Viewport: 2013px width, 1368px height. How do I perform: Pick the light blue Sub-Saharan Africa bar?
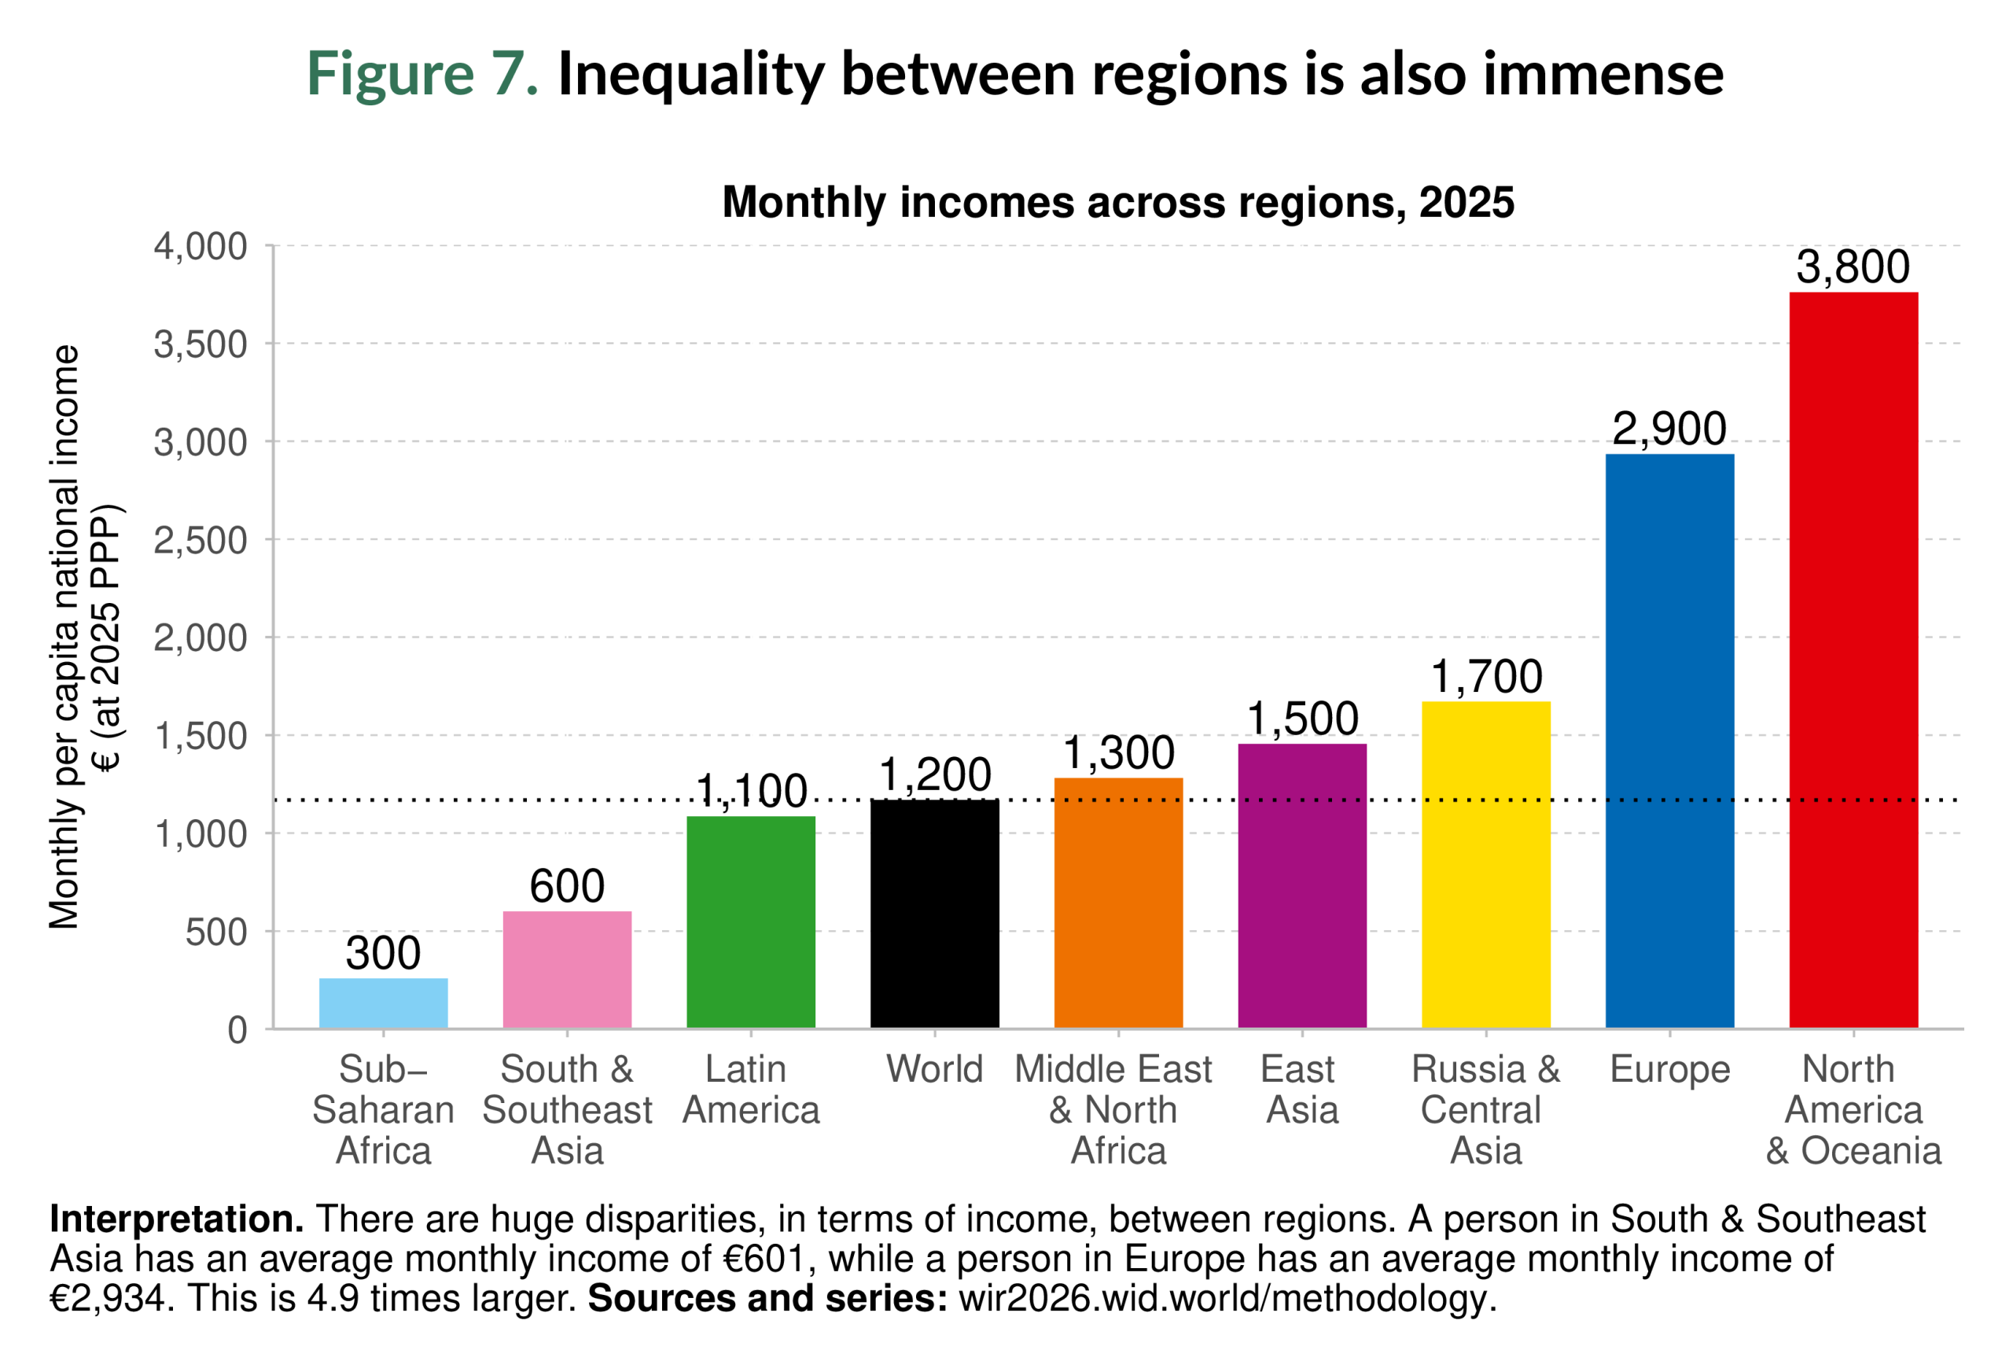pyautogui.click(x=383, y=1003)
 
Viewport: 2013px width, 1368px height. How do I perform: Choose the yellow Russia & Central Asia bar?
pyautogui.click(x=1485, y=865)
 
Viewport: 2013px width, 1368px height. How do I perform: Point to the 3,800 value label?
pyautogui.click(x=1853, y=267)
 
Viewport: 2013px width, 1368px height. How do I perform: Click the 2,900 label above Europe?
pyautogui.click(x=1669, y=428)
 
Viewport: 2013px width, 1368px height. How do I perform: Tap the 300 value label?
pyautogui.click(x=383, y=953)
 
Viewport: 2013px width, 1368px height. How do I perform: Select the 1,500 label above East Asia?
pyautogui.click(x=1302, y=719)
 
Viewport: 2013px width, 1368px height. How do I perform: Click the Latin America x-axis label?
pyautogui.click(x=750, y=1089)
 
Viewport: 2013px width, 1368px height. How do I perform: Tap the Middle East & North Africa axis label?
pyautogui.click(x=1114, y=1109)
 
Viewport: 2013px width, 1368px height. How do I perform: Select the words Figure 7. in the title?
pyautogui.click(x=423, y=74)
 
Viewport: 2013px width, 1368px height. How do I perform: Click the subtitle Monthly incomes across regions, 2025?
pyautogui.click(x=1117, y=203)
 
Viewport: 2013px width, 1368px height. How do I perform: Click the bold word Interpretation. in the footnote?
pyautogui.click(x=177, y=1219)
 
